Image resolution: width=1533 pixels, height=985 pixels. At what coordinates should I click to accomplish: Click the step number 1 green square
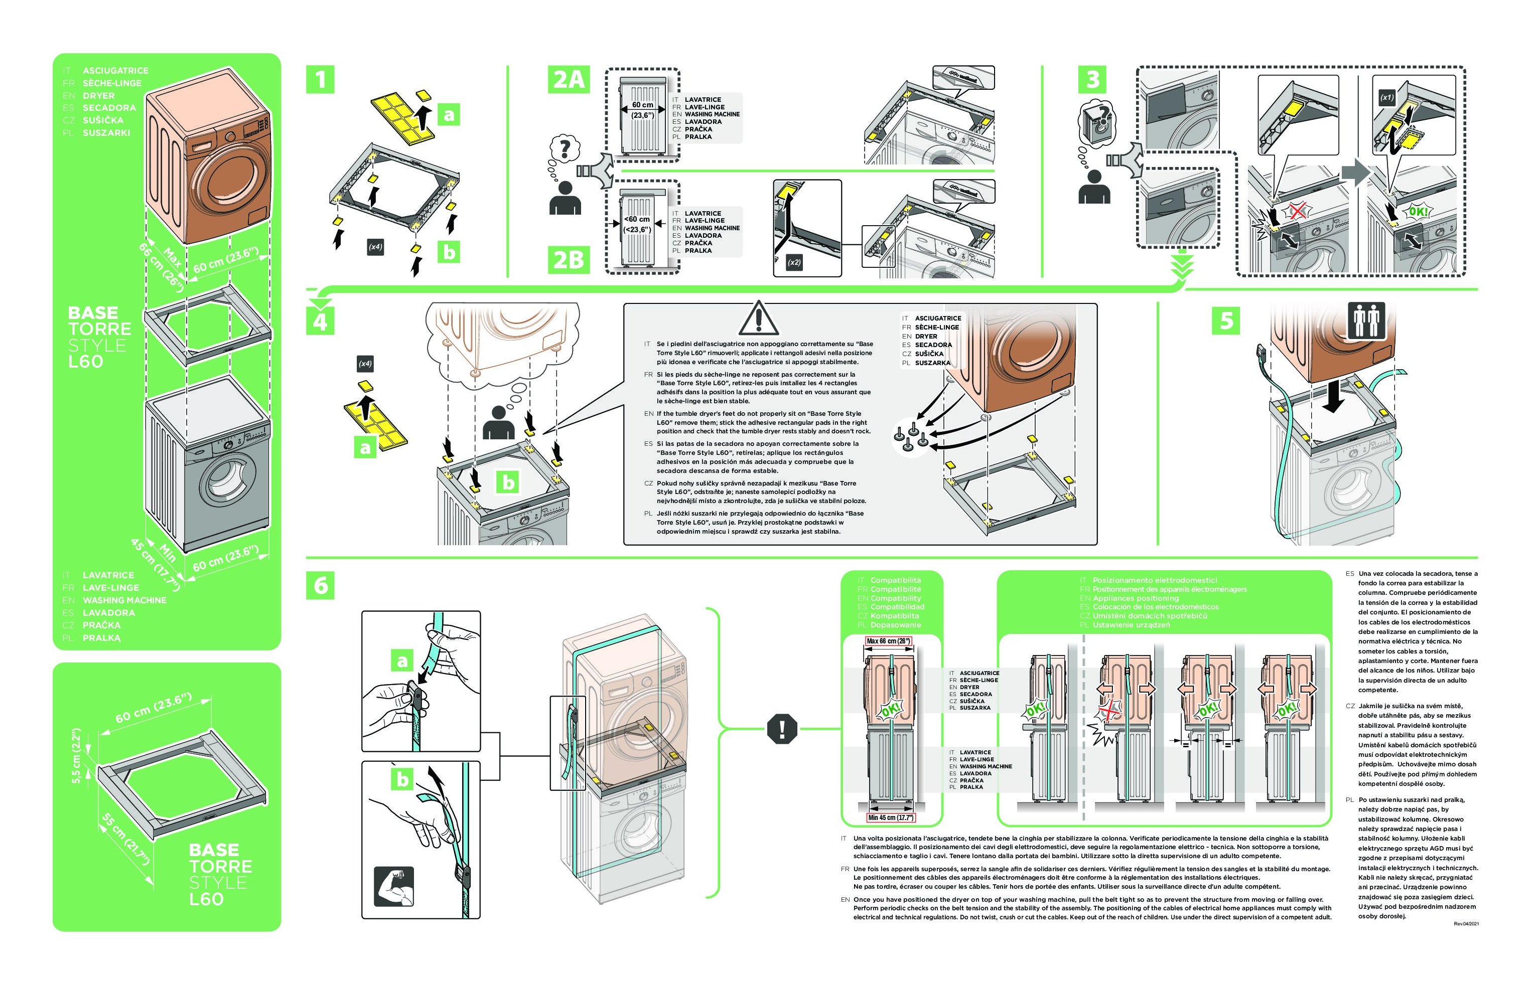tap(321, 79)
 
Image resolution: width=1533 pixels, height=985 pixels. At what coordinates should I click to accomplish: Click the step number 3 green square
tap(1093, 79)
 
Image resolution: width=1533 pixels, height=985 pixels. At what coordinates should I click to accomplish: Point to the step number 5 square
tap(1226, 320)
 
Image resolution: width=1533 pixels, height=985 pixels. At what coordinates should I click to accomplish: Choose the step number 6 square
tap(321, 585)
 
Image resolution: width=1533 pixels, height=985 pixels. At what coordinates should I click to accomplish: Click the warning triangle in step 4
tap(758, 318)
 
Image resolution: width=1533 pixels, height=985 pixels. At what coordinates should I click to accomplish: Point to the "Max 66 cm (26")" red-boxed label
tap(888, 641)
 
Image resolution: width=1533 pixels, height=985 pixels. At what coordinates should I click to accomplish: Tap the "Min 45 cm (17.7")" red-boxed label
tap(891, 817)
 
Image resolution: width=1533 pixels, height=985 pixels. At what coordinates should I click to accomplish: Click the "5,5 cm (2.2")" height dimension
tap(76, 755)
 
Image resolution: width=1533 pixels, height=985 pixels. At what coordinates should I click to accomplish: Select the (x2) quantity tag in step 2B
tap(794, 262)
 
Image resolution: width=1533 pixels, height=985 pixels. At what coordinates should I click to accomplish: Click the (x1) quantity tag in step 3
tap(1386, 98)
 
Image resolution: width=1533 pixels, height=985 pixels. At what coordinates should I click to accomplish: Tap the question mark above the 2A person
tap(565, 148)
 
